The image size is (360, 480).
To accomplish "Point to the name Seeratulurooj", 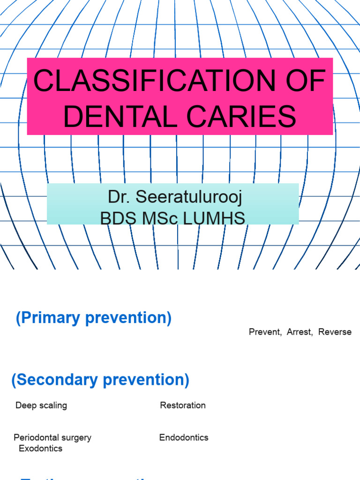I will (188, 197).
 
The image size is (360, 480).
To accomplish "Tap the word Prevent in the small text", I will (265, 332).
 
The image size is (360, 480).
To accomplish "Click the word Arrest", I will (300, 332).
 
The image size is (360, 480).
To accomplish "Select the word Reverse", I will (335, 332).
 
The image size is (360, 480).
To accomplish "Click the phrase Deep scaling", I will (41, 405).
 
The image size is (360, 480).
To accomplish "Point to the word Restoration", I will (183, 405).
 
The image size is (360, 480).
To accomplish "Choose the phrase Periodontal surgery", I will (52, 438).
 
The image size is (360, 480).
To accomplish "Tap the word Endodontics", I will (184, 438).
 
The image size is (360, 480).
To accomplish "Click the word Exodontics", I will (40, 449).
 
